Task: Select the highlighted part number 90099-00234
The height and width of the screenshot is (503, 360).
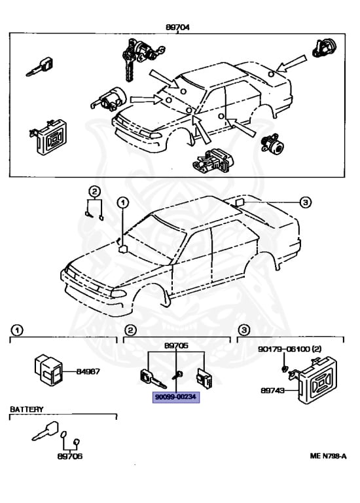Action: (x=175, y=396)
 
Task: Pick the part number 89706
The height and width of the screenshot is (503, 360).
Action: (x=69, y=456)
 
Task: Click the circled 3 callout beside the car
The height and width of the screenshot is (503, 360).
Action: (x=305, y=202)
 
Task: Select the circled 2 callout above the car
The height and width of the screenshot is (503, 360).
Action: (x=95, y=191)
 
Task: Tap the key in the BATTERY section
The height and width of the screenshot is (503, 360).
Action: (x=43, y=433)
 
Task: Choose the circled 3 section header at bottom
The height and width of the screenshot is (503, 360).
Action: (x=243, y=329)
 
